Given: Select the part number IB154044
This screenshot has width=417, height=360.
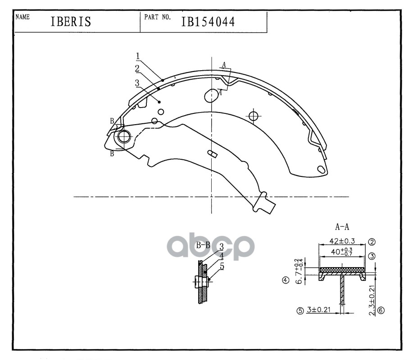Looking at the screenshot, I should point(208,22).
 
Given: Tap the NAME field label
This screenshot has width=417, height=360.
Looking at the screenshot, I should point(23,17).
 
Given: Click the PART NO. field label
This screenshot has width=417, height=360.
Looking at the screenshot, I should point(157,17).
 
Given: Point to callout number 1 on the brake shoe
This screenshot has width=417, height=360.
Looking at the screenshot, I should point(138,56).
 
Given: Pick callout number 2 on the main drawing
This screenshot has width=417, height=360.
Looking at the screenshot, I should point(136,68).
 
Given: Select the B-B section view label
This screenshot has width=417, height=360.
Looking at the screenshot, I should point(204,245).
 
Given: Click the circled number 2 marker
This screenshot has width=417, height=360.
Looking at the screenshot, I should point(372,242).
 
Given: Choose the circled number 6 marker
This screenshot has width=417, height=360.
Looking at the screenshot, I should point(381,310).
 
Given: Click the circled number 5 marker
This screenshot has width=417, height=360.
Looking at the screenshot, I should point(300,310).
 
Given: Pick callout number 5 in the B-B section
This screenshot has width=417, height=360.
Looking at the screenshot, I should point(221,266).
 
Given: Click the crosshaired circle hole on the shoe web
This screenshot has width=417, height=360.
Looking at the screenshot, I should point(254,116).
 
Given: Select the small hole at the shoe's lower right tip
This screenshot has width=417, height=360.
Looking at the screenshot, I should point(321,170).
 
